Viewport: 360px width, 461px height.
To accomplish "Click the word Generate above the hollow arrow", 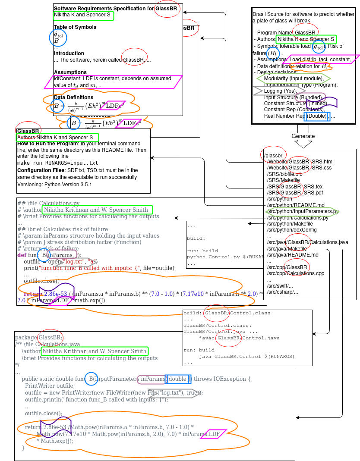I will (303, 136).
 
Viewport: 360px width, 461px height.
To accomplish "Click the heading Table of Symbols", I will (75, 27).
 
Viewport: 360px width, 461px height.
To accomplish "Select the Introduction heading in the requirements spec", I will (69, 53).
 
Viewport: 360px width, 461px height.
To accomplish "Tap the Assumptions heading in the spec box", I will (70, 72).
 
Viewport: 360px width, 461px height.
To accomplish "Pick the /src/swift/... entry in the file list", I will (279, 285).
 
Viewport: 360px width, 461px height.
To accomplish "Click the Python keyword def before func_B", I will (22, 255).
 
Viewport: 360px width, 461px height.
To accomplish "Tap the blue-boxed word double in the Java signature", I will (177, 379).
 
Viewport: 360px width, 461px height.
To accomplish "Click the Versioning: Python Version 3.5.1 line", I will (54, 184).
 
